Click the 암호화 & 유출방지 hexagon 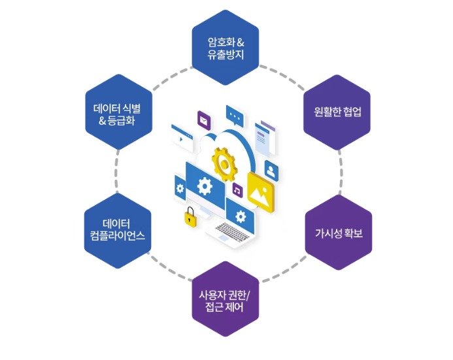[x=226, y=48]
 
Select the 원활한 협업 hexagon [x=337, y=111]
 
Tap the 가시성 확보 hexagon [x=339, y=232]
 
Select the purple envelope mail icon [x=204, y=120]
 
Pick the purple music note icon [x=237, y=190]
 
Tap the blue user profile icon [x=273, y=169]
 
